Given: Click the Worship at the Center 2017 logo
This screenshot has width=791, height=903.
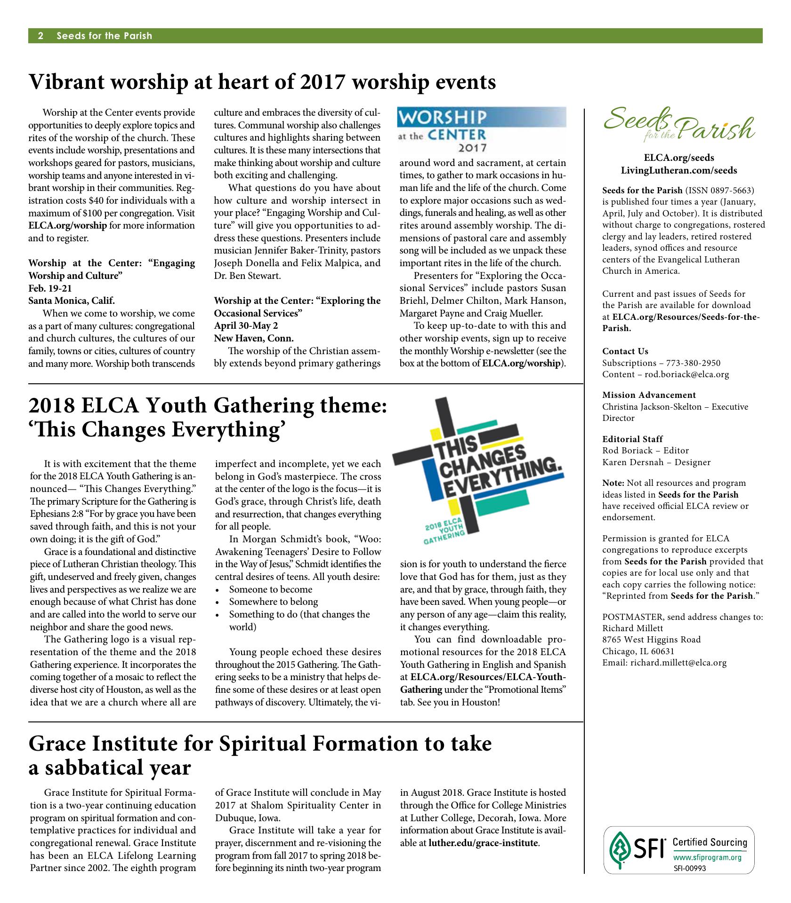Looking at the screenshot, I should click(x=482, y=130).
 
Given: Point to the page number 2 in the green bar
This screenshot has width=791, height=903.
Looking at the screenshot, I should click(x=41, y=36).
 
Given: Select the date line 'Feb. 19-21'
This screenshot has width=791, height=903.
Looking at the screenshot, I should click(x=50, y=288).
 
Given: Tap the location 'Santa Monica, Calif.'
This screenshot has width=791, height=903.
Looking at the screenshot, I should click(x=72, y=301).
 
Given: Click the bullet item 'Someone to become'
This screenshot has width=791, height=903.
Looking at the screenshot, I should click(x=271, y=589).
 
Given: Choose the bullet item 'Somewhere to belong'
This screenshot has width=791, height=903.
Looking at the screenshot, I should click(x=274, y=602).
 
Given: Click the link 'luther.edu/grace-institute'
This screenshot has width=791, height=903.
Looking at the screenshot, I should click(x=483, y=842).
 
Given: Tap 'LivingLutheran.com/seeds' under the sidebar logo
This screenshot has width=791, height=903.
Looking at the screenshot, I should click(x=679, y=170).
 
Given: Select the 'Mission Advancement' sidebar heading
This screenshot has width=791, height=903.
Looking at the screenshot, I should click(x=649, y=395).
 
